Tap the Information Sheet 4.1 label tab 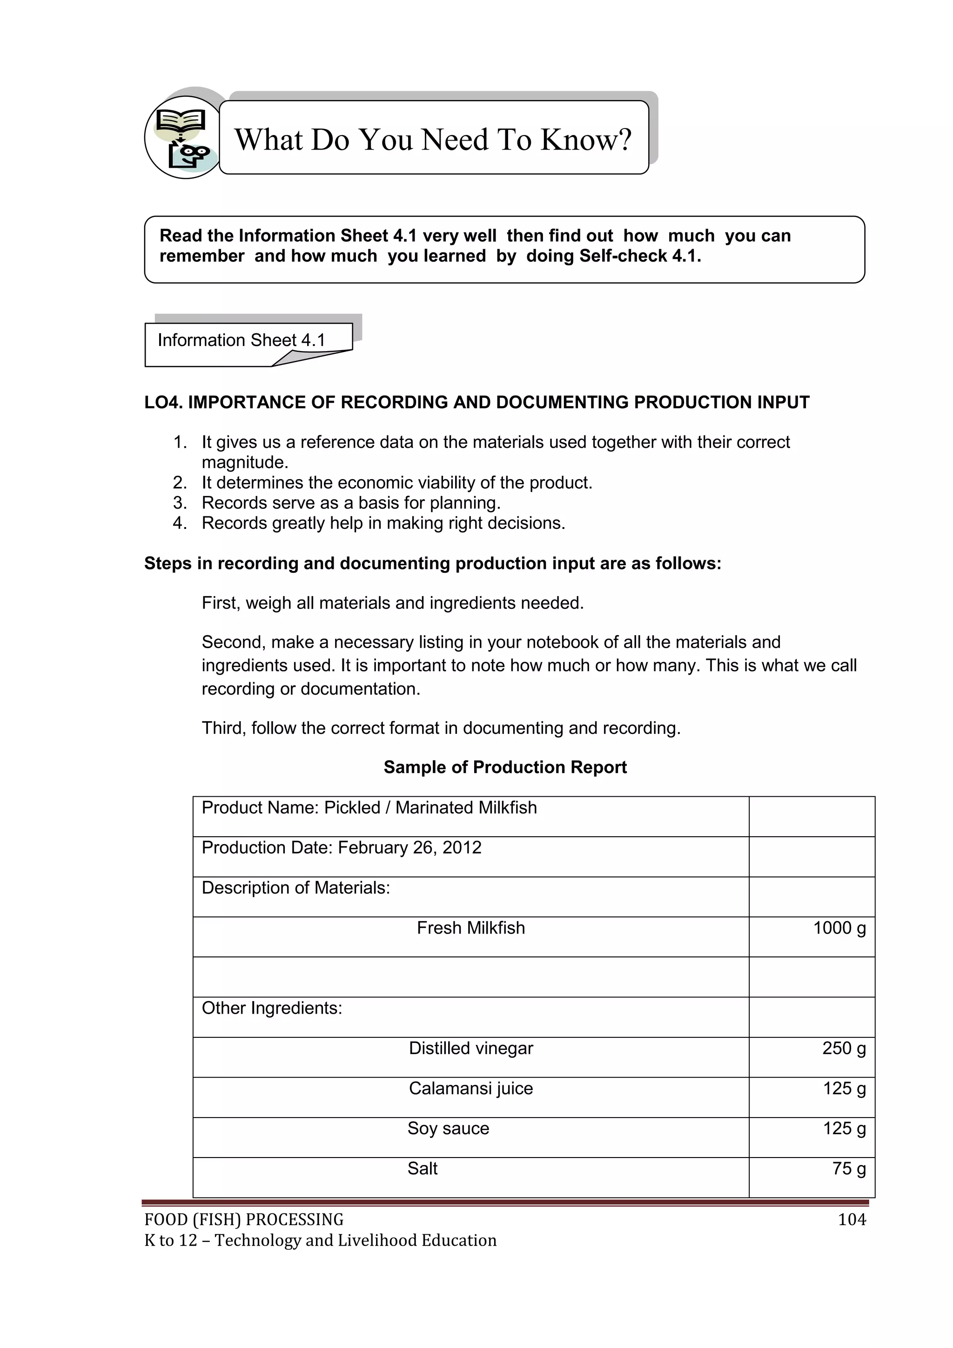tap(241, 340)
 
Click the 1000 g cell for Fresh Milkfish tap(839, 928)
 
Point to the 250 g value tap(843, 1049)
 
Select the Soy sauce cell tap(448, 1128)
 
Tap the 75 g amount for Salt tap(849, 1168)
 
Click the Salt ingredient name tap(423, 1168)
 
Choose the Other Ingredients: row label tap(272, 1009)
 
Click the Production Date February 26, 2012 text tap(342, 848)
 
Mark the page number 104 tap(852, 1220)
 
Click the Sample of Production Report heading tap(505, 767)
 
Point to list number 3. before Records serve tap(180, 503)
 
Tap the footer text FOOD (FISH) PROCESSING tap(243, 1220)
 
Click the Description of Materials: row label tap(296, 887)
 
